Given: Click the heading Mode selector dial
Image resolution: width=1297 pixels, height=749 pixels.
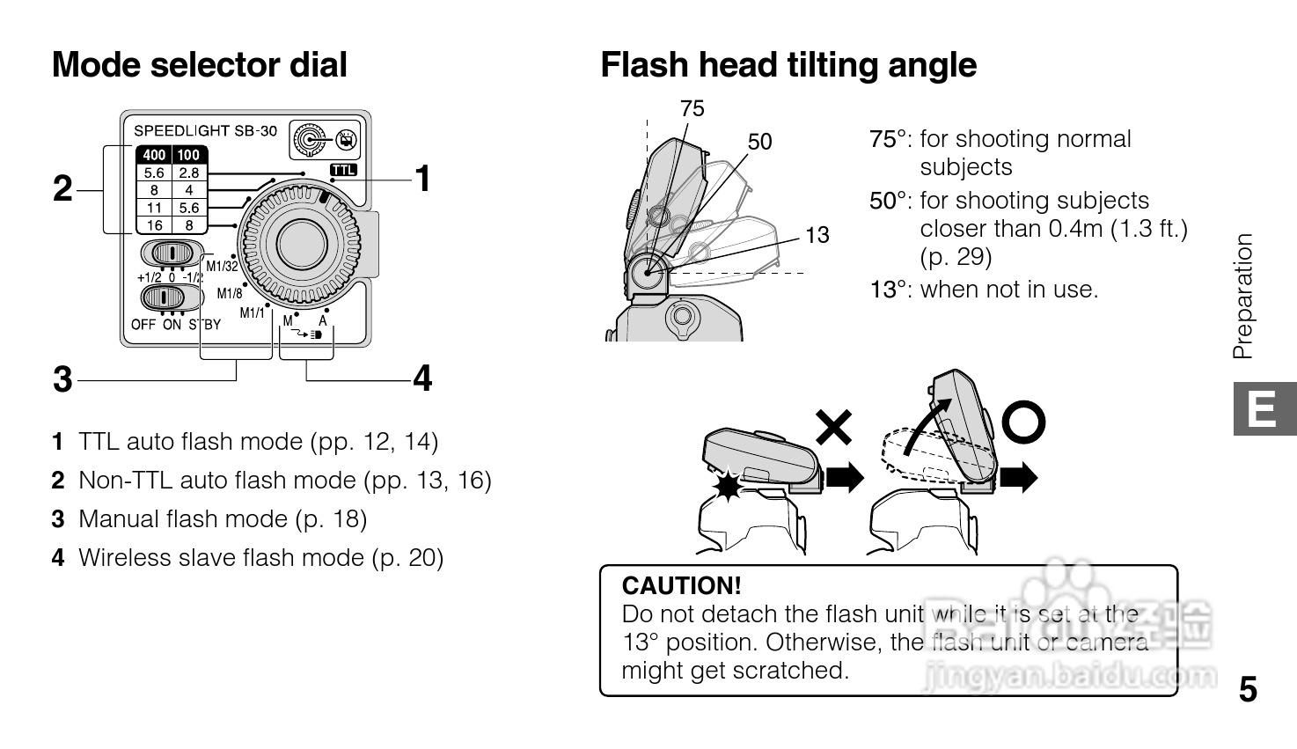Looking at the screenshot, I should pos(200,65).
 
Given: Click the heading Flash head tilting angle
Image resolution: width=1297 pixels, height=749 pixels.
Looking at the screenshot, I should pos(788,65).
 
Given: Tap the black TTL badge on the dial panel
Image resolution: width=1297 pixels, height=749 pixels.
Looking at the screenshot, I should pos(344,170).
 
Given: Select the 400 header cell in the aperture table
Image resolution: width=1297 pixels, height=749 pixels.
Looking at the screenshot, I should pos(154,155).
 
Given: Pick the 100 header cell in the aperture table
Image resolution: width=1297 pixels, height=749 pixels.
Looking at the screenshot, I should pos(188,155).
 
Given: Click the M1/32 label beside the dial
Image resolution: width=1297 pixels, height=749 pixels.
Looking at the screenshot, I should pos(222,267).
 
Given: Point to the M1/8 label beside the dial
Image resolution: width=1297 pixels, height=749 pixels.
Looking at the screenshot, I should pos(230,294).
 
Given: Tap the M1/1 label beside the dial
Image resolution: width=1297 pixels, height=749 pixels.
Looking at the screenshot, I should pos(253,313).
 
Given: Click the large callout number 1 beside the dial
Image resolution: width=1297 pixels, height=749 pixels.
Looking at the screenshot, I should pos(423,179).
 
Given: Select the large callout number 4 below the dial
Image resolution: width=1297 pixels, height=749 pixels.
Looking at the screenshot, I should pos(423,378).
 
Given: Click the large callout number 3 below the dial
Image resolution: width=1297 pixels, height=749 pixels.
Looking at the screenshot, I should pos(62,379).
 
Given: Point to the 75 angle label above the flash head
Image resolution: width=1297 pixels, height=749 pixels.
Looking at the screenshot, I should pos(692,108).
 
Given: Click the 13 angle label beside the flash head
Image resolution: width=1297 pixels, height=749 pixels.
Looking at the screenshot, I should pos(817,235).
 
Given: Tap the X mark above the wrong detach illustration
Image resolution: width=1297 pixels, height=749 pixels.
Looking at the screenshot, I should pos(833,427).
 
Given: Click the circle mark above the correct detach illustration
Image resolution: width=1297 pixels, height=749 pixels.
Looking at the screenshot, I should pos(1023,423).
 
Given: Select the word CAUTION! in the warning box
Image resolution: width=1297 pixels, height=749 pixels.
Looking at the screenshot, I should pos(681,585).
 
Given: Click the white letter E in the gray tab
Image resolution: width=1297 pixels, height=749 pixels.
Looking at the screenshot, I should pos(1263,410).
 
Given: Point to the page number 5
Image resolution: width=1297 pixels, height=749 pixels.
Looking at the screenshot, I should pos(1248,689).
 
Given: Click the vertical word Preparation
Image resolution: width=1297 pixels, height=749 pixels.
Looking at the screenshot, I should pos(1242,296).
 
